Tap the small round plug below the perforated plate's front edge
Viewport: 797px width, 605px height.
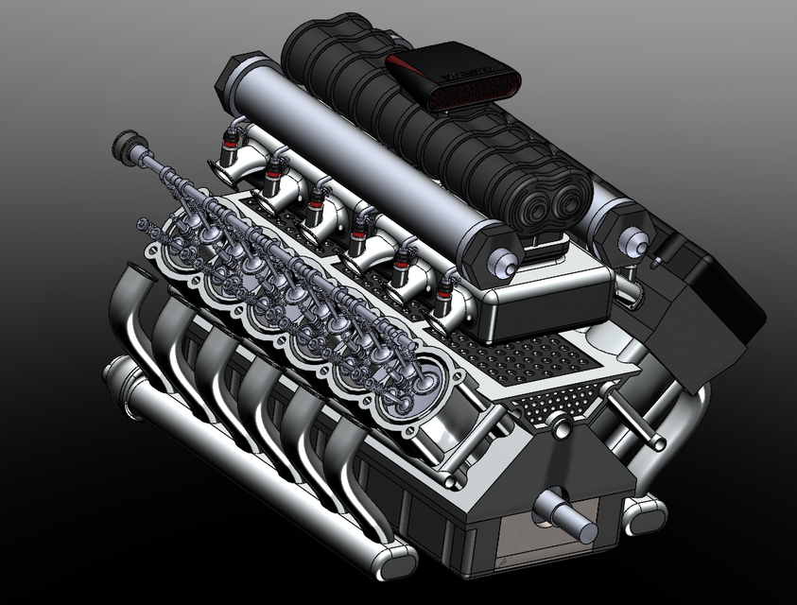pyautogui.click(x=561, y=423)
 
